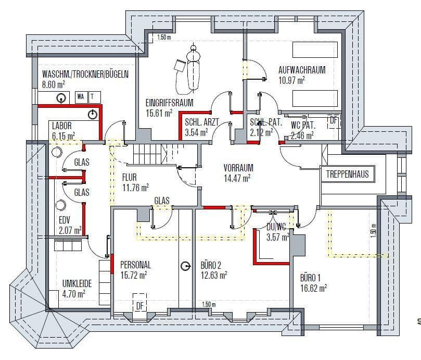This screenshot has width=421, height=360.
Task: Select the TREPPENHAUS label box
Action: (347, 174)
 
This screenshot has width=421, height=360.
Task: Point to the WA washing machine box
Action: (81, 96)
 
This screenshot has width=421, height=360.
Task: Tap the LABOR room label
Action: (61, 126)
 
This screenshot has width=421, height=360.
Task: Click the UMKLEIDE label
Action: (77, 283)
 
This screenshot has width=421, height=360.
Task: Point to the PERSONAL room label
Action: (135, 265)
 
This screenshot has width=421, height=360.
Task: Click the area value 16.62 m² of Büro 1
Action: (313, 287)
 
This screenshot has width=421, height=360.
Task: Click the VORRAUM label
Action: (238, 168)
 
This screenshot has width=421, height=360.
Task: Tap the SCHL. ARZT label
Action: (201, 123)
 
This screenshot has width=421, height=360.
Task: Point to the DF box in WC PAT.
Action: (333, 120)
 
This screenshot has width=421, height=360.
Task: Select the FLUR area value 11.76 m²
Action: (135, 188)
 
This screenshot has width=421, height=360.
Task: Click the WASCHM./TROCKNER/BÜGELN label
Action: (85, 75)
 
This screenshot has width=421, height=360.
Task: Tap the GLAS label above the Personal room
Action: (161, 201)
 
